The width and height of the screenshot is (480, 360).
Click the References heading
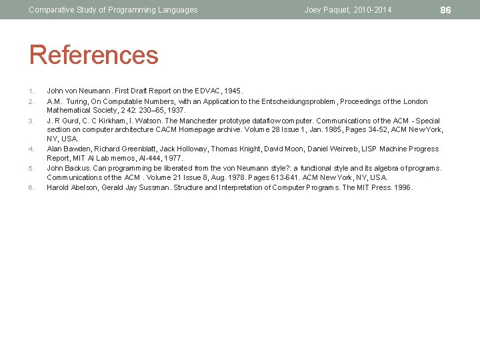pos(94,55)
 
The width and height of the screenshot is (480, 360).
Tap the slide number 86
pos(446,9)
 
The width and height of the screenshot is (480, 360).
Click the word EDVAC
pos(207,90)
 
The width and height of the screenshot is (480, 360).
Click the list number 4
pos(31,149)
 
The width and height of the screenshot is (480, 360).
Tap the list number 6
pos(31,188)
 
